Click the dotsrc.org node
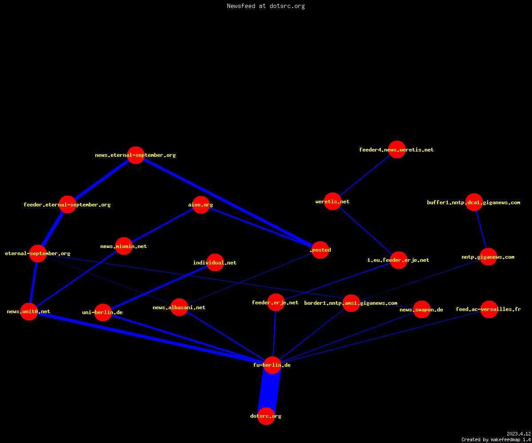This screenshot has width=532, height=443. pyautogui.click(x=266, y=416)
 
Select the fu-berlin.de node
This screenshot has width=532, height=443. pyautogui.click(x=272, y=365)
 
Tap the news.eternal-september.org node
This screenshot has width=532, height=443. pyautogui.click(x=136, y=155)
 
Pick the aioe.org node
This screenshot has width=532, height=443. pyautogui.click(x=201, y=205)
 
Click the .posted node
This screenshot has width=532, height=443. pyautogui.click(x=320, y=250)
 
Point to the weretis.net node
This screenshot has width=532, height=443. pyautogui.click(x=332, y=202)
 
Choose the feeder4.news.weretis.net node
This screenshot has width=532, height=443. pyautogui.click(x=397, y=149)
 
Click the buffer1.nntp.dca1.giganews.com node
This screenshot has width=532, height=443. pyautogui.click(x=474, y=202)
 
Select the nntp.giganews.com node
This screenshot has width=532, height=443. pyautogui.click(x=488, y=257)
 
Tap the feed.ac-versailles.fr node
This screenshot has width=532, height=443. pyautogui.click(x=489, y=309)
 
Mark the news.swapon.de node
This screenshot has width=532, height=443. pyautogui.click(x=422, y=310)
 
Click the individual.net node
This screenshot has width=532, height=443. pyautogui.click(x=215, y=263)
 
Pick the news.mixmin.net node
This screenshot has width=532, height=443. pyautogui.click(x=124, y=246)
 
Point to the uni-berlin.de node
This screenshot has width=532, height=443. pyautogui.click(x=103, y=312)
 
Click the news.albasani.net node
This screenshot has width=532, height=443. pyautogui.click(x=179, y=307)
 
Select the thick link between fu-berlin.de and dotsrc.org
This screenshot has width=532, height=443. pyautogui.click(x=269, y=391)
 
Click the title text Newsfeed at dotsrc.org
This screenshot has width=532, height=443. pyautogui.click(x=266, y=6)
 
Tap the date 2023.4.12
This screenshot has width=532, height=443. pyautogui.click(x=519, y=434)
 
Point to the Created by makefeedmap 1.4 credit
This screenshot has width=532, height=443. pyautogui.click(x=496, y=440)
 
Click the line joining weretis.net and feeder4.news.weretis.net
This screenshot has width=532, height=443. pyautogui.click(x=365, y=175)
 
